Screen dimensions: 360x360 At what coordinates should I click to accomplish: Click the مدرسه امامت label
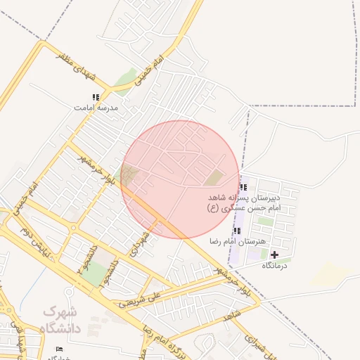pos(96,108)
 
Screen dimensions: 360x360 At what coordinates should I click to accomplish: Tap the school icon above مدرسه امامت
pos(96,98)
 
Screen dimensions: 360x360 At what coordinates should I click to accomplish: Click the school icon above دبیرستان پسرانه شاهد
pos(243,187)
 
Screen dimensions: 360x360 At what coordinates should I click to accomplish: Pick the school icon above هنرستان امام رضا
pos(237,231)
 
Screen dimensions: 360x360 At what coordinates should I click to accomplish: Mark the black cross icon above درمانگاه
pos(274,254)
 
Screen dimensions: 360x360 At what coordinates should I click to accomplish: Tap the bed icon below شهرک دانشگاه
pos(59,349)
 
